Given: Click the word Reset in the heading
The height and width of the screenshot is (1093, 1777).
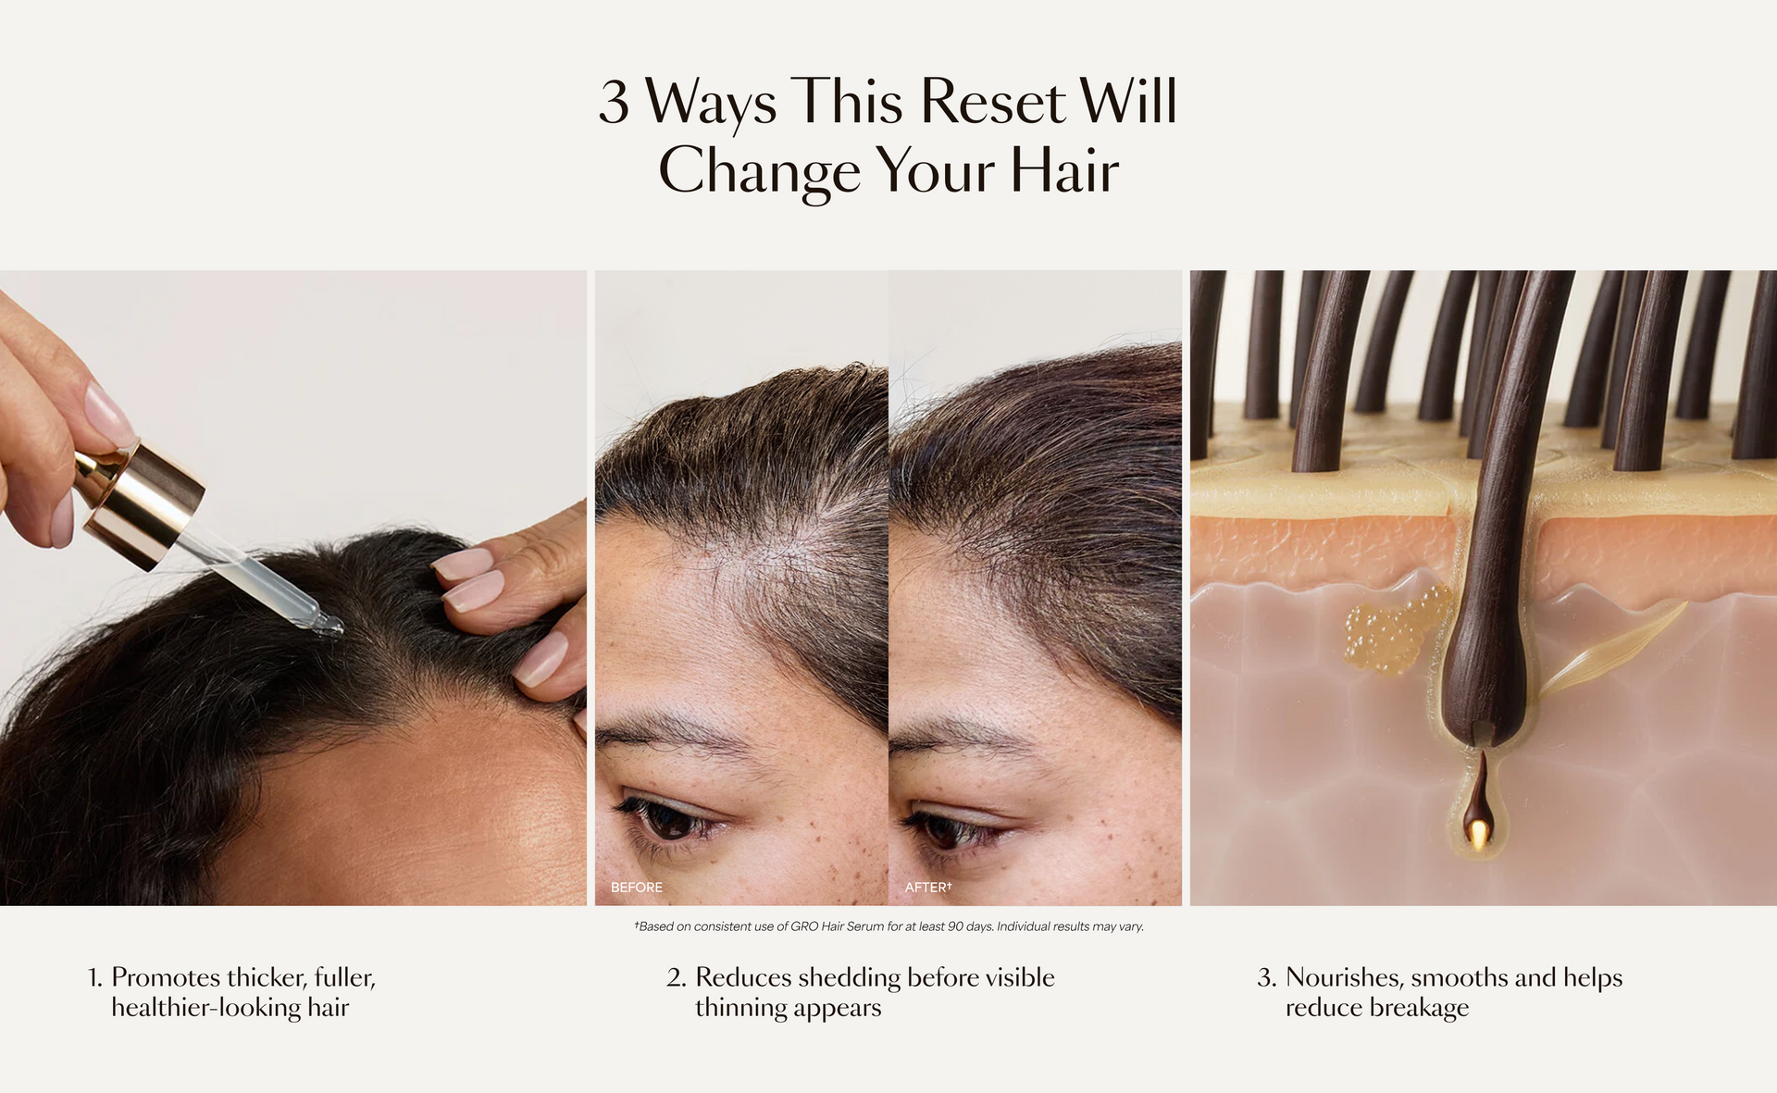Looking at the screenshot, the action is tap(992, 101).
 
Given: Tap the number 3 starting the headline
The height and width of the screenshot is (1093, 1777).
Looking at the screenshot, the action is tap(615, 102).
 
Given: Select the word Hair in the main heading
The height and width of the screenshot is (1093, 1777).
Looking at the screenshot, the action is tap(1064, 170).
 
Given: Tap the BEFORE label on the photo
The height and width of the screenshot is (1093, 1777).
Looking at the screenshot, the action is tap(637, 888).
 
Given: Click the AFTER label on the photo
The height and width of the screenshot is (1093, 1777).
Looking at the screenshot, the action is tap(927, 888).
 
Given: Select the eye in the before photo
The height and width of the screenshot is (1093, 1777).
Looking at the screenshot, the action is tap(668, 818).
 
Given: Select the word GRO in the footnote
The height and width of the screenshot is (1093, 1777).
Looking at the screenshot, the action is tap(804, 926).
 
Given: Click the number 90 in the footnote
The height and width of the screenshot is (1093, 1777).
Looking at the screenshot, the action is tap(955, 926).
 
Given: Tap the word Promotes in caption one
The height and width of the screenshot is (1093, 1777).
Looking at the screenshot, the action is tap(167, 978).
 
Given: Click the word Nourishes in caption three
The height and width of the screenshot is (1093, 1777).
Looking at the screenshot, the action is tap(1344, 978).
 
